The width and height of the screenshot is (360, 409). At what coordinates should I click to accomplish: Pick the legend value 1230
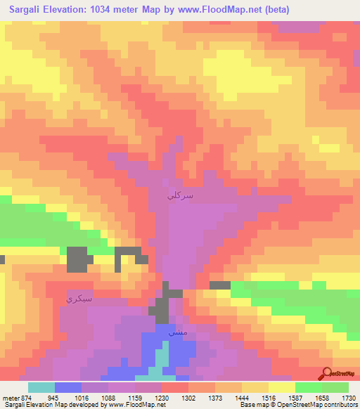pyautogui.click(x=162, y=397)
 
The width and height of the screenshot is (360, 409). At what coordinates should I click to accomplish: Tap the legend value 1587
pyautogui.click(x=295, y=397)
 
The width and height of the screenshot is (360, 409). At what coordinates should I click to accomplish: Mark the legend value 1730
pyautogui.click(x=347, y=397)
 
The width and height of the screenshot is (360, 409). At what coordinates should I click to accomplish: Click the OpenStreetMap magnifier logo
pyautogui.click(x=326, y=373)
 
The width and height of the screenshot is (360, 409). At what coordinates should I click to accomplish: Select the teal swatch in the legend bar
pyautogui.click(x=41, y=387)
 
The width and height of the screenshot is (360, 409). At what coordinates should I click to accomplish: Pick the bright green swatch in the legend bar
pyautogui.click(x=308, y=387)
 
